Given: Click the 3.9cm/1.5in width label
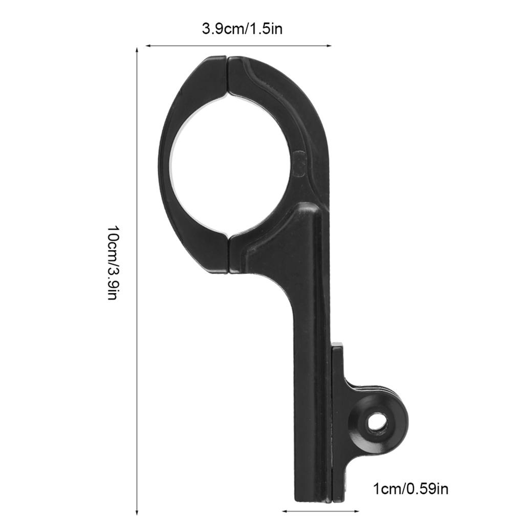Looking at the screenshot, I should pyautogui.click(x=242, y=28).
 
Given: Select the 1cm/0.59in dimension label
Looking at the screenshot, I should pyautogui.click(x=411, y=489).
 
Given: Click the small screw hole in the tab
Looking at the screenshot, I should pyautogui.click(x=377, y=422).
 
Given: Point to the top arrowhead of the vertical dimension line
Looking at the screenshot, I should pyautogui.click(x=137, y=50).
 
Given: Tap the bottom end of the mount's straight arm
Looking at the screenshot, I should pyautogui.click(x=313, y=494).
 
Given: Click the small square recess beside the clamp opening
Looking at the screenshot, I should pyautogui.click(x=301, y=163).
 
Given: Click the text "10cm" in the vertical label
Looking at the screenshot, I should pyautogui.click(x=113, y=239).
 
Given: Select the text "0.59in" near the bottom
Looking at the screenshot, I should pyautogui.click(x=427, y=489).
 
